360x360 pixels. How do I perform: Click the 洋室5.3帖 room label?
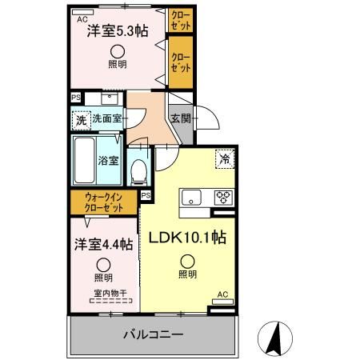pos(118,31)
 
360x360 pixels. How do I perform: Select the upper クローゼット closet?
pos(179,21)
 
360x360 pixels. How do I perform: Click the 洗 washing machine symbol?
pos(80,121)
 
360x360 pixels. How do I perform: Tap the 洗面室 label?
pos(106,120)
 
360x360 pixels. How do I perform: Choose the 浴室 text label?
pos(109,159)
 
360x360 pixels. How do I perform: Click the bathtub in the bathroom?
pos(85,159)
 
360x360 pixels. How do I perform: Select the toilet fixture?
pos(138,170)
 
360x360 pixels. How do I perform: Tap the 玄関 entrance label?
pos(180,118)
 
